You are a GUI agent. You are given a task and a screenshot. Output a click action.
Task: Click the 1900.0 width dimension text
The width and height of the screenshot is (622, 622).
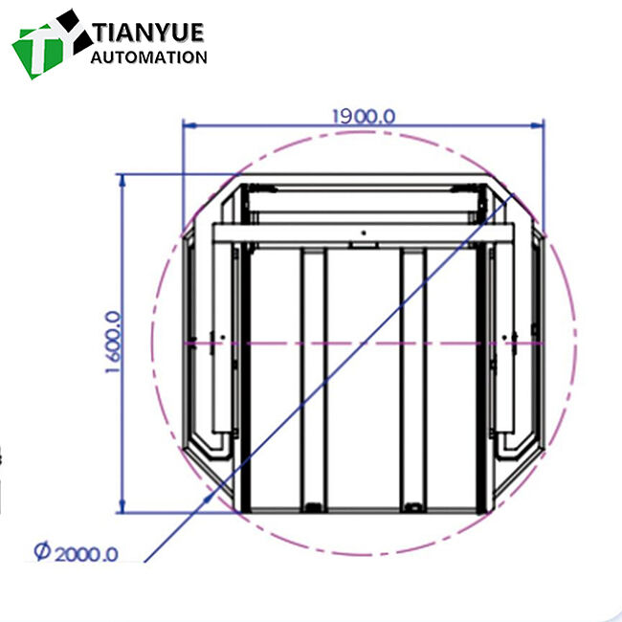363,115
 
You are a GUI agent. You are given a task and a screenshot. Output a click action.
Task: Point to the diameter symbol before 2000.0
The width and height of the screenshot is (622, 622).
41,553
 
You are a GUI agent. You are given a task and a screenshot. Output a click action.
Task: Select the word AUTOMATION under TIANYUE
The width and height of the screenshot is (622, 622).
149,57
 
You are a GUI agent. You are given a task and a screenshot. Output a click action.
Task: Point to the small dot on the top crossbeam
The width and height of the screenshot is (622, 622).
363,232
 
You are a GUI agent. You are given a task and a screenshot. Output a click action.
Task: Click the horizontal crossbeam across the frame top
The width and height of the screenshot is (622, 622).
364,233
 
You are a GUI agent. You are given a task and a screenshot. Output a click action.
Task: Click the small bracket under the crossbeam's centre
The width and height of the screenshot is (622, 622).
363,246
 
